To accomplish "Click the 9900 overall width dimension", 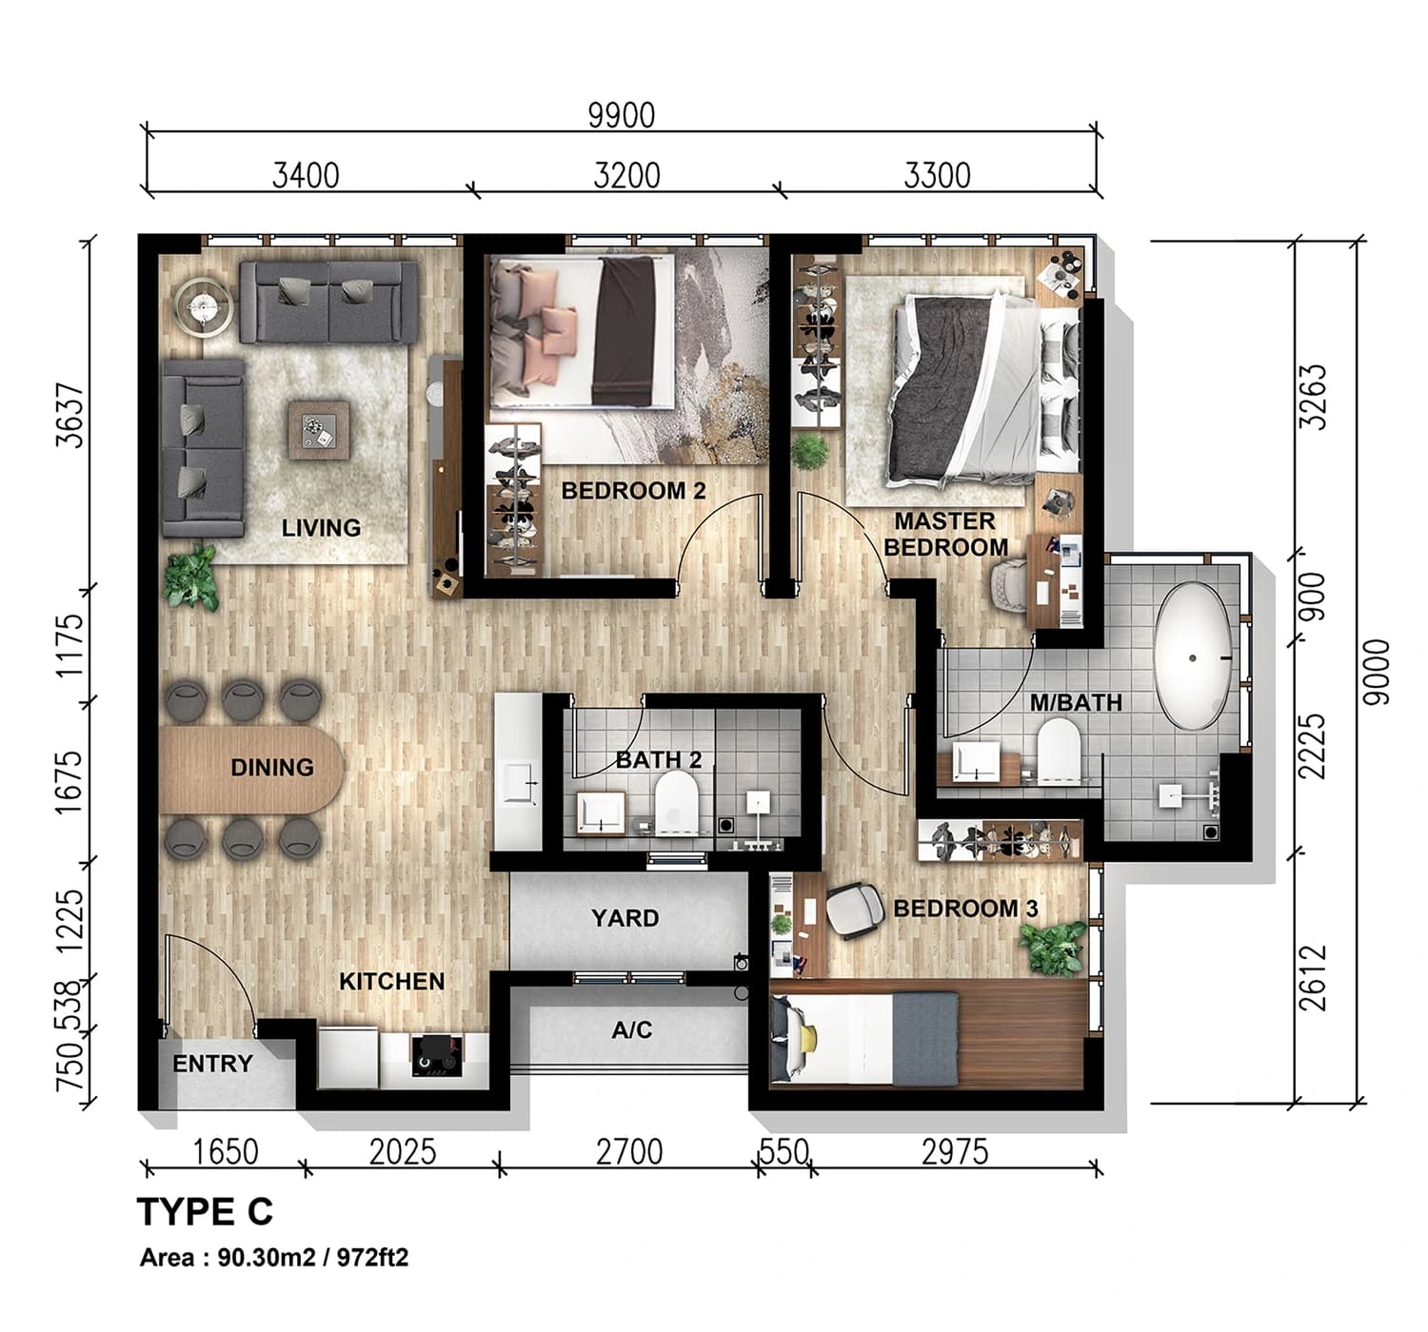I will coord(621,116).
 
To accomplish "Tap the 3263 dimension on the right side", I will coord(1314,397).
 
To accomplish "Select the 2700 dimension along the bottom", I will coord(628,1152).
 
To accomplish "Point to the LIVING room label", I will coord(321,527).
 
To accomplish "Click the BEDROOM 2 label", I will coord(633,491).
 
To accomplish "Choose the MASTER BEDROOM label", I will coord(945,534).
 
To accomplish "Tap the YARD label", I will coord(625,918).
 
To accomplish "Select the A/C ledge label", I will coord(631,1029).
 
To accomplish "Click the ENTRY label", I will coord(212,1064).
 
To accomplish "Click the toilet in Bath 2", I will coord(676,799).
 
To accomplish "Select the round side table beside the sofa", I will coord(204,306).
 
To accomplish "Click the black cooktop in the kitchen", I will coord(437,1055).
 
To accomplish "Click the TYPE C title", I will coord(205,1212).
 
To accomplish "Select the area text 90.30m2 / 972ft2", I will coord(274,1258).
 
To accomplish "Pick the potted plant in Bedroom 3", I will coord(1053,946).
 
